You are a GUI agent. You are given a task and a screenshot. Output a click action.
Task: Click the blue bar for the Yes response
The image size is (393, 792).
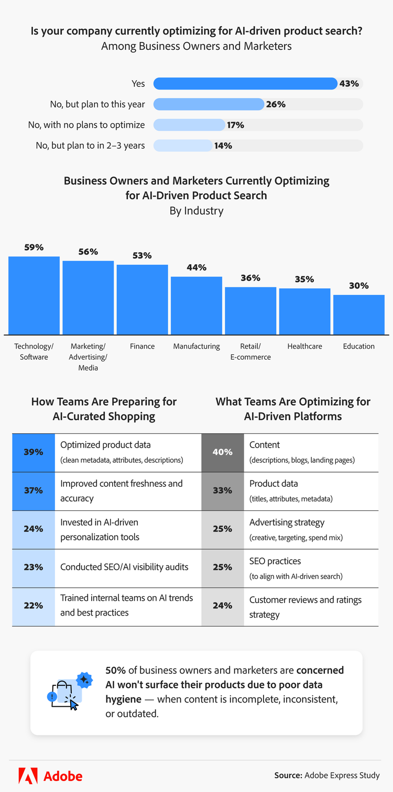pos(245,84)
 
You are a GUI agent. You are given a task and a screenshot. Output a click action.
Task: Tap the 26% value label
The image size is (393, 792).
pos(276,104)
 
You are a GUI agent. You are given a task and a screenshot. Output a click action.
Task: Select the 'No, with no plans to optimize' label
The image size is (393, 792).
pos(86,125)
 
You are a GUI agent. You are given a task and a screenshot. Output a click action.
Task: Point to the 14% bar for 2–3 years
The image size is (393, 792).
pos(183,146)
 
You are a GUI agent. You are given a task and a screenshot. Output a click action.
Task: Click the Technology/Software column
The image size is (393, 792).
pos(34,295)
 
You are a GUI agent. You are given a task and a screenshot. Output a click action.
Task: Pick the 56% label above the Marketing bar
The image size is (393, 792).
pos(88,252)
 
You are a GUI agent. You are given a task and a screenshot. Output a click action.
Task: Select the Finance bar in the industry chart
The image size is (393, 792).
pos(142,299)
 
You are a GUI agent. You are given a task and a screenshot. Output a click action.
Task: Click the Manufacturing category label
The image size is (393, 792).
pos(196,346)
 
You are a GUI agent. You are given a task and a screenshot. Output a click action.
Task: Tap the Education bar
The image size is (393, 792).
pos(359,315)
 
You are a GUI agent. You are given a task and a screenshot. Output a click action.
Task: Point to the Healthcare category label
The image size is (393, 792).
pos(304,346)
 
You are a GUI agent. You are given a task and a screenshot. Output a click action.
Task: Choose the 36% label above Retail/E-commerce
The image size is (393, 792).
pos(250,278)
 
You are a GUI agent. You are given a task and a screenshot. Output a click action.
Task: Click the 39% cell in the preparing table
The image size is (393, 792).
pos(34,452)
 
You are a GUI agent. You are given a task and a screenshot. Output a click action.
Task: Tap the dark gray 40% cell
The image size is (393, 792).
pos(223,452)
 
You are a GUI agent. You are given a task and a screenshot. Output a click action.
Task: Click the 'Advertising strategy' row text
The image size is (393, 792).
pos(287,522)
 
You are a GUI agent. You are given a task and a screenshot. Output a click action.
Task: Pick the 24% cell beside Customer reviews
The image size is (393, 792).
pos(223,606)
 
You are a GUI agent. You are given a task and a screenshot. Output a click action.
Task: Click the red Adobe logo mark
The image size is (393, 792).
pos(28,775)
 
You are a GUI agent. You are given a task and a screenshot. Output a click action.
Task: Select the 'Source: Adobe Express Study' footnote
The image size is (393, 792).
pos(327,775)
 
